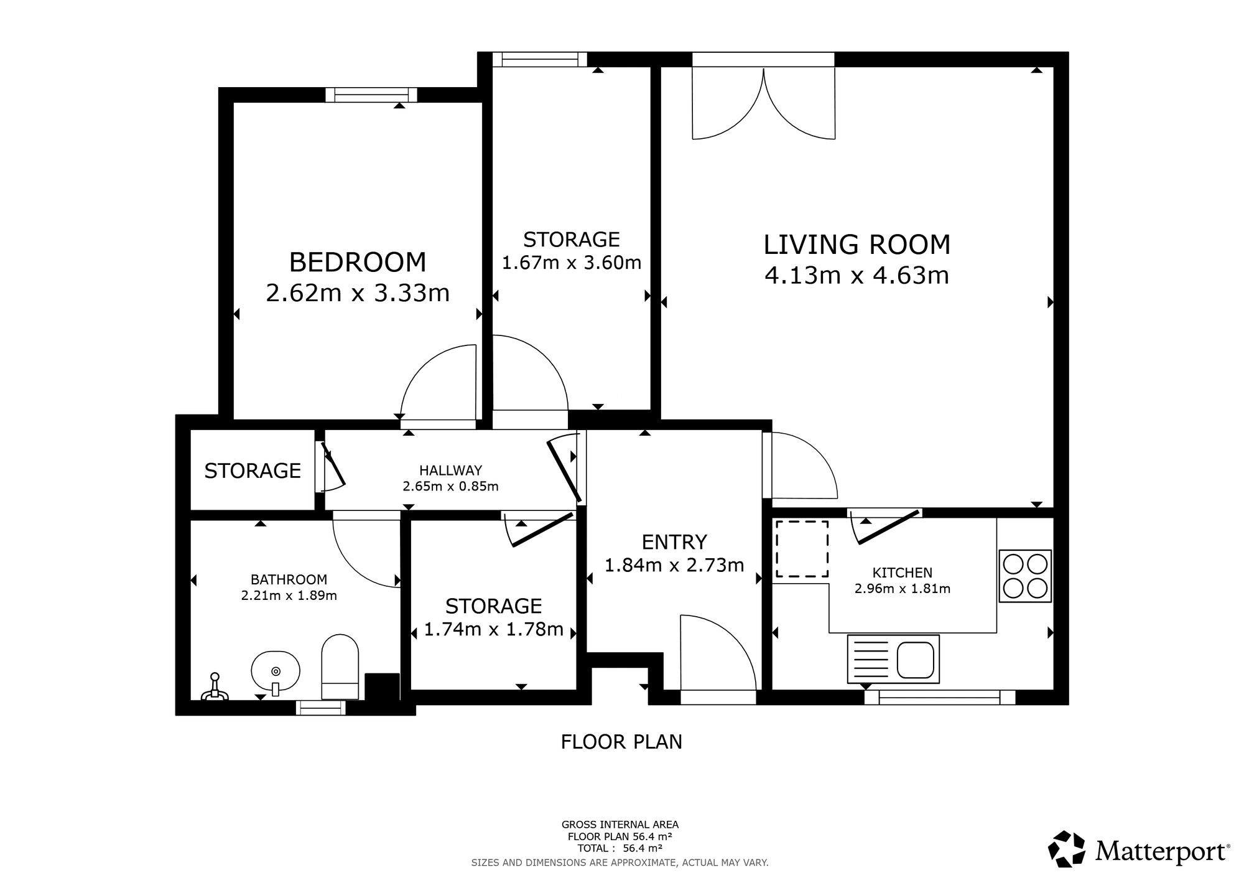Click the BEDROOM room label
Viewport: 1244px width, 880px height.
[358, 262]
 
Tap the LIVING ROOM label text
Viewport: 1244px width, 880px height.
[857, 245]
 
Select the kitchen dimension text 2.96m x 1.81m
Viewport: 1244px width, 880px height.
[903, 589]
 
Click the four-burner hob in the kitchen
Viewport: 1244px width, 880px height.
[1025, 576]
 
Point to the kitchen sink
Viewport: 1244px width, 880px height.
[893, 659]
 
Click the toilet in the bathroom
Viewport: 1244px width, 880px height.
[340, 667]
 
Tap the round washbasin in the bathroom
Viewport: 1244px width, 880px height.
[276, 672]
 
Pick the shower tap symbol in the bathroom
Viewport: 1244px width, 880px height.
[215, 687]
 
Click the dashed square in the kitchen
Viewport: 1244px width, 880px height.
[802, 549]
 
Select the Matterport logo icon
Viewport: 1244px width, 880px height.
[1067, 849]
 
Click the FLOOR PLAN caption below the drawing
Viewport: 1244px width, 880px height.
[621, 742]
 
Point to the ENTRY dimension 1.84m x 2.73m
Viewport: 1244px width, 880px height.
[674, 565]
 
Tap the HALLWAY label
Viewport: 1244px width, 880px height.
[450, 470]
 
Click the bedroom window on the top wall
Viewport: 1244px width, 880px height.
[371, 95]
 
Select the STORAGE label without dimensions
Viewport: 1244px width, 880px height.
[253, 470]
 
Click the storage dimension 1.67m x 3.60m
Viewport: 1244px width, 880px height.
[572, 263]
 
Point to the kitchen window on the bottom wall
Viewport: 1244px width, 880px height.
[940, 698]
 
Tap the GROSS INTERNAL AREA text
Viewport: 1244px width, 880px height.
[620, 825]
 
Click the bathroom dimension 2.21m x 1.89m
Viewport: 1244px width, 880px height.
[289, 596]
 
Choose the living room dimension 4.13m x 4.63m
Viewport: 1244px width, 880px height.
[857, 275]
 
